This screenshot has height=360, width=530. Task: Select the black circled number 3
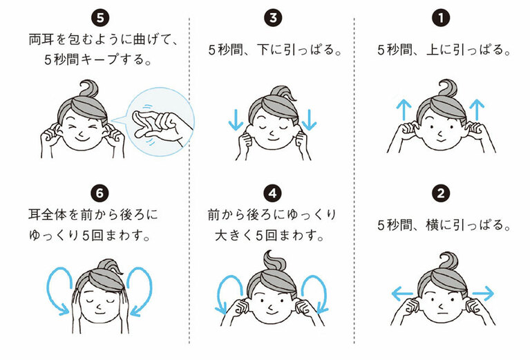[272, 15]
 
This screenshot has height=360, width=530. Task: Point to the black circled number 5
[104, 15]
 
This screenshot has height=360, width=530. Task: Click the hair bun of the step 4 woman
[274, 262]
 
